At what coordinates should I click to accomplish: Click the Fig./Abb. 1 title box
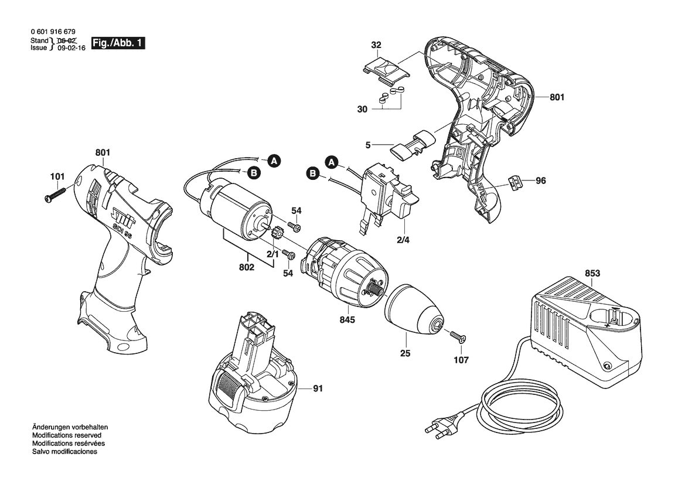point(118,43)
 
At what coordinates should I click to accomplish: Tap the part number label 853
point(592,274)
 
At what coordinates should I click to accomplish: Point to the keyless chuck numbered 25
point(414,312)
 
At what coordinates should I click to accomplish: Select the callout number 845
point(347,320)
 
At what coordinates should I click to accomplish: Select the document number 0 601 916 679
point(53,32)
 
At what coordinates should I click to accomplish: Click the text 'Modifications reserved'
point(66,435)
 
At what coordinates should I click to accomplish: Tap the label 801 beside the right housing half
point(557,97)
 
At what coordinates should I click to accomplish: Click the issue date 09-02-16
point(71,48)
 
